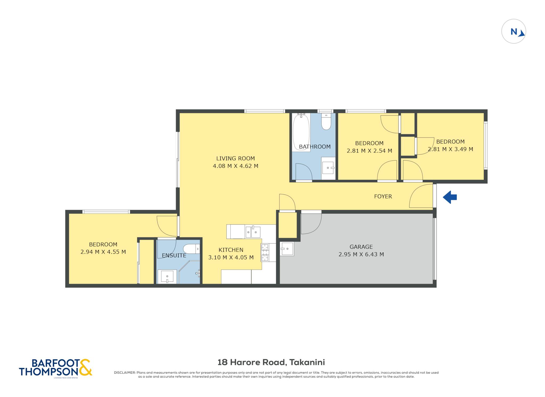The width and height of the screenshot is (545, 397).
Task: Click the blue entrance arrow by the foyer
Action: pyautogui.click(x=449, y=197)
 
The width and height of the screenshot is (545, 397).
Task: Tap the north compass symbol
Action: pyautogui.click(x=514, y=31)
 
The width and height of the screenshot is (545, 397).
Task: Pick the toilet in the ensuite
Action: pyautogui.click(x=191, y=249)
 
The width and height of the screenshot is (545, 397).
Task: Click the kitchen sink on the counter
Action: pyautogui.click(x=253, y=232)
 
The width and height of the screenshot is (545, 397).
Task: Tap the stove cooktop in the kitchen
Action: pyautogui.click(x=265, y=252)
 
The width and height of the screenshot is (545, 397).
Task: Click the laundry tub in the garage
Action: pyautogui.click(x=287, y=249)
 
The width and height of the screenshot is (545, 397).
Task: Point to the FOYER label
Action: pyautogui.click(x=383, y=196)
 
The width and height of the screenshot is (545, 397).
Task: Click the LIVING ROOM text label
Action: pyautogui.click(x=236, y=158)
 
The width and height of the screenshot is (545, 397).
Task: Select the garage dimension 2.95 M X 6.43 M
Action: pyautogui.click(x=361, y=254)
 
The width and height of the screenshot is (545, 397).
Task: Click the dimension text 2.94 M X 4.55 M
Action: pyautogui.click(x=103, y=252)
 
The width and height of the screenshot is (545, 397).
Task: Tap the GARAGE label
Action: pyautogui.click(x=361, y=247)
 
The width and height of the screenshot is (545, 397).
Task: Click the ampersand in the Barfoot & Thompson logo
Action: pyautogui.click(x=85, y=368)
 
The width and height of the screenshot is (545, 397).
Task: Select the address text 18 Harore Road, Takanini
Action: pyautogui.click(x=271, y=362)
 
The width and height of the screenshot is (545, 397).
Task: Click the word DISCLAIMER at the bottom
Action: pyautogui.click(x=125, y=373)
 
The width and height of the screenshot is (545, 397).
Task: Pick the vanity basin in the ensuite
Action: pyautogui.click(x=167, y=277)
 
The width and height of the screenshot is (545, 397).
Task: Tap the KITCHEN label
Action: pyautogui.click(x=231, y=250)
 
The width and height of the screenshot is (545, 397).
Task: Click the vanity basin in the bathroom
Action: pyautogui.click(x=328, y=168)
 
